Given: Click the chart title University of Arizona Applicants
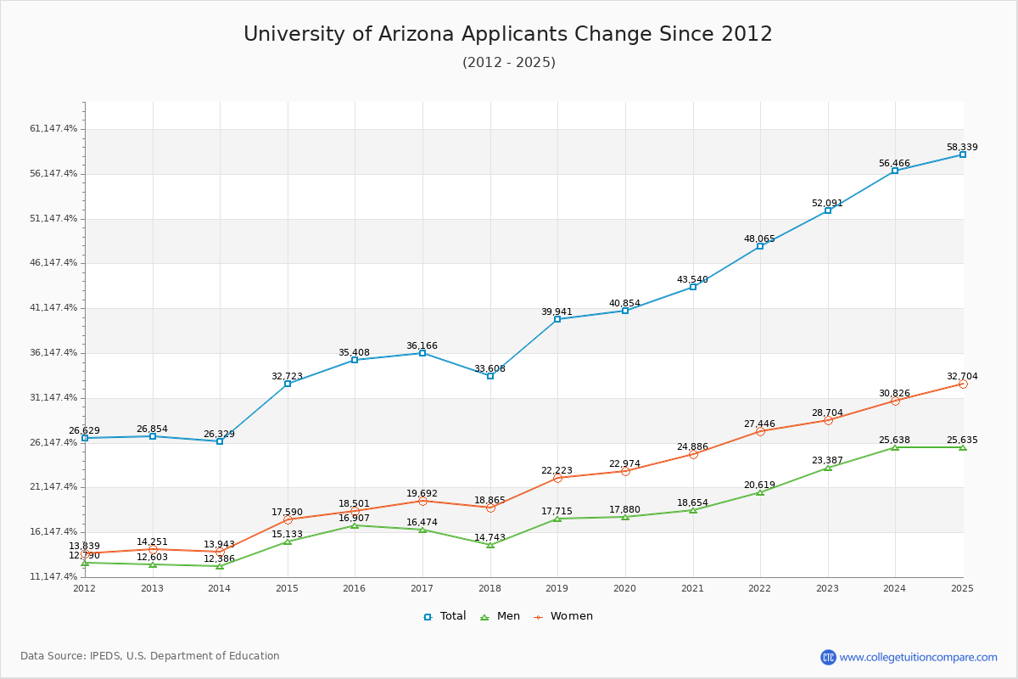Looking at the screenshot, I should pyautogui.click(x=508, y=35).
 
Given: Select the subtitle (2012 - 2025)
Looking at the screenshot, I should pyautogui.click(x=508, y=63).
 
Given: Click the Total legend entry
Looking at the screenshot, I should pyautogui.click(x=445, y=616).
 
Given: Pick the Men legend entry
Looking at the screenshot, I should pyautogui.click(x=501, y=616).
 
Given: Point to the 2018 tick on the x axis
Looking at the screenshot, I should pyautogui.click(x=489, y=588).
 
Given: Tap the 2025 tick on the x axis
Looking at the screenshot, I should pyautogui.click(x=962, y=588).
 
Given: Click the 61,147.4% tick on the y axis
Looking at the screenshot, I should pyautogui.click(x=53, y=129).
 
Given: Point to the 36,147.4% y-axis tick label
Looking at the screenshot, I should pyautogui.click(x=53, y=353).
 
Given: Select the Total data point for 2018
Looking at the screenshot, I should pyautogui.click(x=490, y=376).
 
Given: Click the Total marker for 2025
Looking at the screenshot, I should pyautogui.click(x=963, y=154).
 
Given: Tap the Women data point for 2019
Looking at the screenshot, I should pyautogui.click(x=557, y=479).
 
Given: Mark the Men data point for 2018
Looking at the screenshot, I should pyautogui.click(x=490, y=545).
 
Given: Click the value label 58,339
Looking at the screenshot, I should pyautogui.click(x=962, y=147).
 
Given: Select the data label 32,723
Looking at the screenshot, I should pyautogui.click(x=287, y=376).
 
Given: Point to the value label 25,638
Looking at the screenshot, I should pyautogui.click(x=894, y=440).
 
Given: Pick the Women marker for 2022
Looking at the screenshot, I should pyautogui.click(x=760, y=432).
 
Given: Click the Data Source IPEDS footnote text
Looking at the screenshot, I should pyautogui.click(x=150, y=656).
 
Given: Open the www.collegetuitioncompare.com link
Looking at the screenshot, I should pyautogui.click(x=918, y=657).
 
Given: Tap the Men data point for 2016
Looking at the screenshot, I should pyautogui.click(x=355, y=525).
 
